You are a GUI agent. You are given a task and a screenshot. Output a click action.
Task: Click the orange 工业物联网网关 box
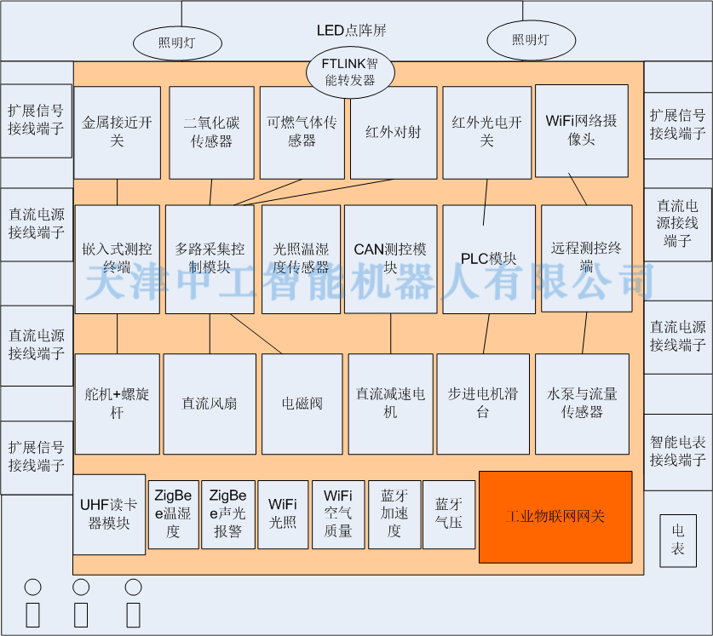[x=555, y=517]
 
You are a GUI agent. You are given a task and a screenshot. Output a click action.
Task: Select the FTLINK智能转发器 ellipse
[x=350, y=72]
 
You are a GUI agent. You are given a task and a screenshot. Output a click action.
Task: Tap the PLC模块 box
[x=489, y=259]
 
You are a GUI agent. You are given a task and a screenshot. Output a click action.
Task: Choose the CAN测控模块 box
[x=391, y=259]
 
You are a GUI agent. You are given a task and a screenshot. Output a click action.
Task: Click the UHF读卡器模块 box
[x=109, y=514]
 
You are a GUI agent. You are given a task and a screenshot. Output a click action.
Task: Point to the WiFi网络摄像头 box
[x=582, y=131]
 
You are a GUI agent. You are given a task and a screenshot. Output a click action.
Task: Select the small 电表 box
[x=678, y=541]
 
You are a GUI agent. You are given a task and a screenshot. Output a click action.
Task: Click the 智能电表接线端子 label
[x=677, y=451]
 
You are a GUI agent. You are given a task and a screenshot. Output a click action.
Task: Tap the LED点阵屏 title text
[x=352, y=31]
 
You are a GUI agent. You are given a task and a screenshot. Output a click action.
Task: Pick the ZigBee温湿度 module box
[x=173, y=514]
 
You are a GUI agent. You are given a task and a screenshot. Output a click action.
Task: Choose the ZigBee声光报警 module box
[x=227, y=514]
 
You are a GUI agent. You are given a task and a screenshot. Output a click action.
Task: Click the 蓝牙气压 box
[x=449, y=514]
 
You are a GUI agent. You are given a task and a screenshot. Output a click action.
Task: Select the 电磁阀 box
[x=302, y=404]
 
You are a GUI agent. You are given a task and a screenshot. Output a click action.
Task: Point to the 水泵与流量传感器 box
[x=582, y=404]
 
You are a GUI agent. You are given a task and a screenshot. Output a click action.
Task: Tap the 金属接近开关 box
[x=118, y=132]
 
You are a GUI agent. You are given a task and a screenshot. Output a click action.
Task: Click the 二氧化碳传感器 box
[x=211, y=132]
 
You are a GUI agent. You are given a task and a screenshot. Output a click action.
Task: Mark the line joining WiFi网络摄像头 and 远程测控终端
[x=578, y=189]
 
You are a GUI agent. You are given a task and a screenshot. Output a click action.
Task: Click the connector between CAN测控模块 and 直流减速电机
[x=391, y=334]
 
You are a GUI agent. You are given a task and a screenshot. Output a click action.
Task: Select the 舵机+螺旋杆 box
[x=118, y=404]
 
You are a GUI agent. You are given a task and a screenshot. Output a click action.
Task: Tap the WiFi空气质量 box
[x=338, y=514]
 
